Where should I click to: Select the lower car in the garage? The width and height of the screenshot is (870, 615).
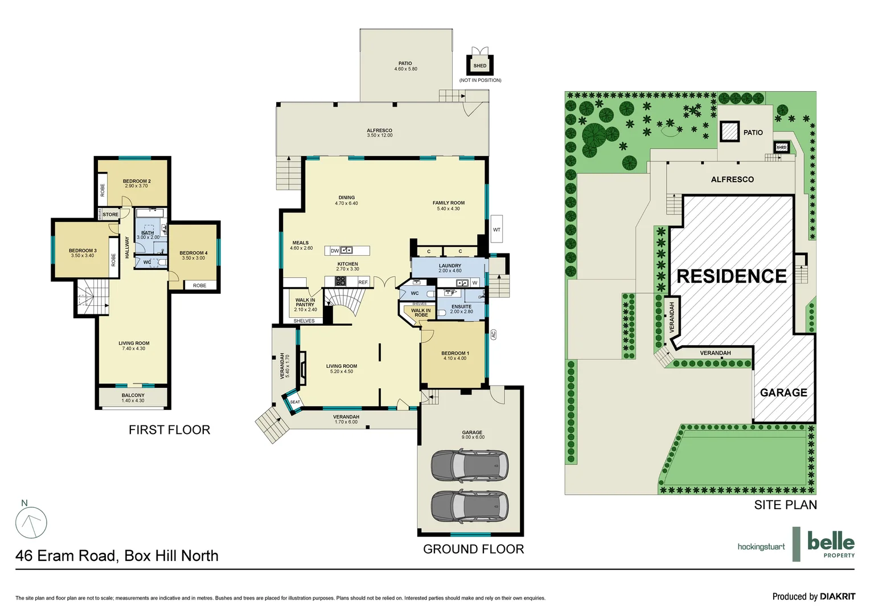point(469,505)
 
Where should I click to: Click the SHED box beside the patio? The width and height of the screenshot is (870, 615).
point(480,65)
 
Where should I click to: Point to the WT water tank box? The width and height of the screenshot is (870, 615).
point(496,229)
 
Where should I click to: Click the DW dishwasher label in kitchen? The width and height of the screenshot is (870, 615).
point(335,251)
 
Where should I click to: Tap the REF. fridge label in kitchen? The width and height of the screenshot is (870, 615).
point(363,282)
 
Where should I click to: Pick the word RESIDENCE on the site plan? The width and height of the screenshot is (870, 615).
point(731,276)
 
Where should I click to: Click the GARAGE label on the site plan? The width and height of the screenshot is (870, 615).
point(783,392)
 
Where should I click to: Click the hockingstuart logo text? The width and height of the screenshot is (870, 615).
point(761,547)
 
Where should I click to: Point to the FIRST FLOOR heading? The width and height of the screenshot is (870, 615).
point(169,430)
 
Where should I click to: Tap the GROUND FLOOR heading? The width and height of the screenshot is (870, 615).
point(473,549)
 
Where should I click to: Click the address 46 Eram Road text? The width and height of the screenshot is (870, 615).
point(117,556)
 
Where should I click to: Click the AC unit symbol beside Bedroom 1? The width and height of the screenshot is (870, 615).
point(494,334)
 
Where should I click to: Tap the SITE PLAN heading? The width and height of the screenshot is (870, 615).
point(785,505)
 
